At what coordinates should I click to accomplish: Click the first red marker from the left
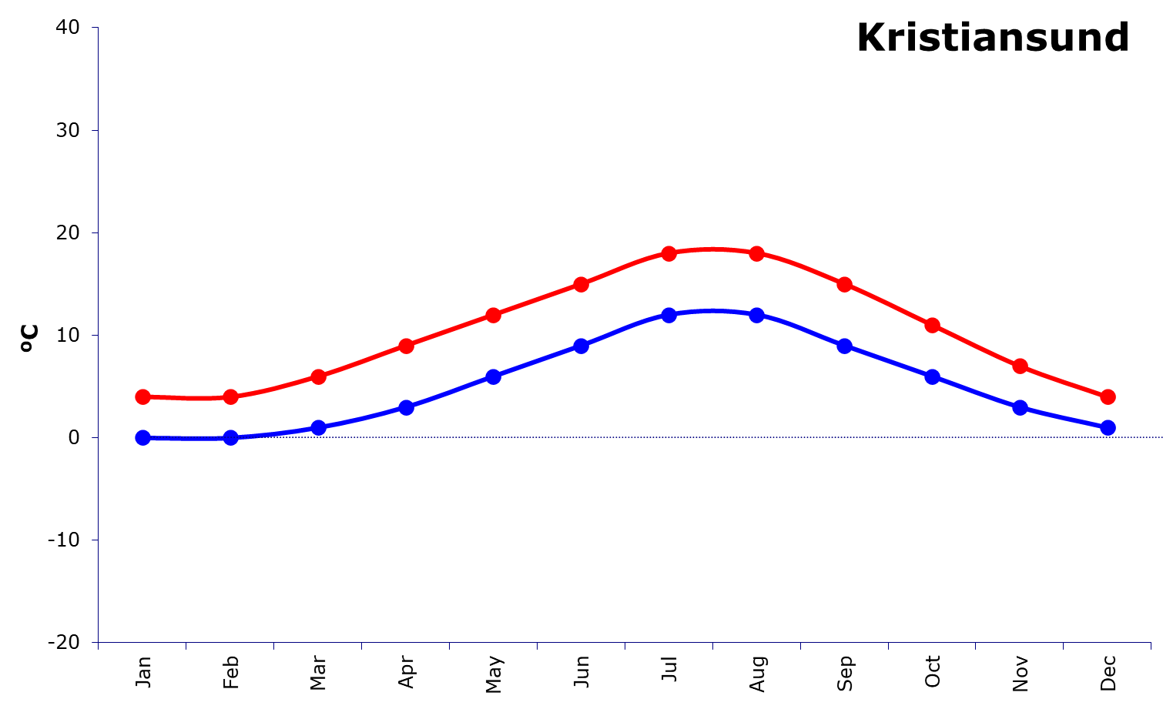pyautogui.click(x=142, y=396)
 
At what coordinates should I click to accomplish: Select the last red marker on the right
pyautogui.click(x=1108, y=396)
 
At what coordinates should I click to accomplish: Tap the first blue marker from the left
pyautogui.click(x=142, y=438)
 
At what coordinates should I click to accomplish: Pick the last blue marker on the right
pyautogui.click(x=1108, y=427)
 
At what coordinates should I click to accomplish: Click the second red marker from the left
pyautogui.click(x=230, y=397)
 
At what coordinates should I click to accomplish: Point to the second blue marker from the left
pyautogui.click(x=230, y=438)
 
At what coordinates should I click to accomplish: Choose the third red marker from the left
pyautogui.click(x=318, y=376)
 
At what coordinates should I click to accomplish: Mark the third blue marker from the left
pyautogui.click(x=318, y=427)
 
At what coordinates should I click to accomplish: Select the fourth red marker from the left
pyautogui.click(x=406, y=346)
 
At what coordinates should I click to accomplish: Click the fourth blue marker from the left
pyautogui.click(x=406, y=407)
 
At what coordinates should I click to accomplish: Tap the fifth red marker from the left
pyautogui.click(x=494, y=315)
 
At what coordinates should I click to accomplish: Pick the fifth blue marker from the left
pyautogui.click(x=494, y=376)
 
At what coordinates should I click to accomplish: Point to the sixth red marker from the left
pyautogui.click(x=581, y=284)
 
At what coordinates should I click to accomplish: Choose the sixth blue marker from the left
pyautogui.click(x=581, y=346)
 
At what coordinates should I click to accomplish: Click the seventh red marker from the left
pyautogui.click(x=669, y=253)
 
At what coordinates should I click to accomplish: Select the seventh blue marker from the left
pyautogui.click(x=669, y=315)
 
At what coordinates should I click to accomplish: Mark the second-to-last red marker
pyautogui.click(x=1020, y=366)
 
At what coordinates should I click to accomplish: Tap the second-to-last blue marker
pyautogui.click(x=1020, y=407)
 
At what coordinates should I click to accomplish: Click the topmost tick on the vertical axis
pyautogui.click(x=95, y=28)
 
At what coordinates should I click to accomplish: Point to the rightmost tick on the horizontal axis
pyautogui.click(x=1151, y=646)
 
